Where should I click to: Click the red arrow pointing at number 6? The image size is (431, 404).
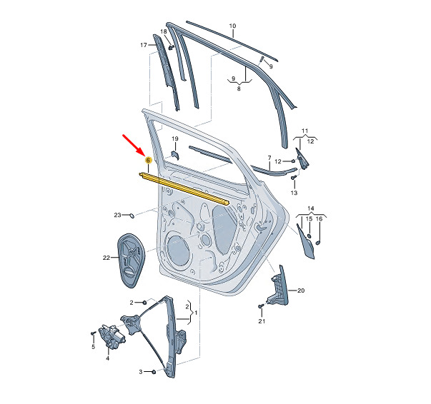point(133,145)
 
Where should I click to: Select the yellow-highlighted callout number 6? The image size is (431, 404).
point(148,160)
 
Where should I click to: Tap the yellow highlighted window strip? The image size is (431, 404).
point(184,188)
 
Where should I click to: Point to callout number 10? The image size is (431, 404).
point(232,26)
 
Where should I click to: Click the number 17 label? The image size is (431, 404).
point(144,45)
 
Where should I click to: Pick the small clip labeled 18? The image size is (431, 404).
point(172,47)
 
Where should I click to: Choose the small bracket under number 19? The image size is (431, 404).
point(175,155)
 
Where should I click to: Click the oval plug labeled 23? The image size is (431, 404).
point(132,216)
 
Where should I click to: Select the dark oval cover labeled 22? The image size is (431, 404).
point(131,261)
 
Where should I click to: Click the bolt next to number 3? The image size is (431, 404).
point(154,372)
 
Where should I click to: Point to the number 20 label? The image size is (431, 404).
point(301,291)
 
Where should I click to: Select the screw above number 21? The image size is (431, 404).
point(261,305)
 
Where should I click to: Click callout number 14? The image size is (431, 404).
point(311,208)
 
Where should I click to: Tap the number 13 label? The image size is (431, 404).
point(294,193)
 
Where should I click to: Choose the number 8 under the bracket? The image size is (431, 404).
point(239,89)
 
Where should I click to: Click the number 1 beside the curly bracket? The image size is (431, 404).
point(196,313)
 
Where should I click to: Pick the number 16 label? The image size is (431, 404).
point(319,219)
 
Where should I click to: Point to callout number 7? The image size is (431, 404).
point(269,158)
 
